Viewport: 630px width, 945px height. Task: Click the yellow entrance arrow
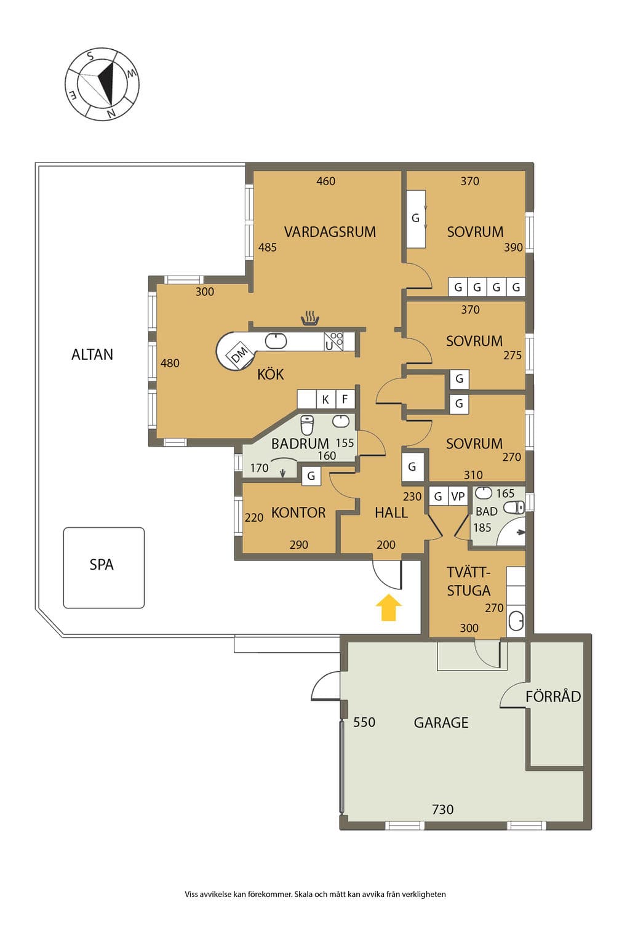coord(389,607)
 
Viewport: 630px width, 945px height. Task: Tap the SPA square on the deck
coord(104,567)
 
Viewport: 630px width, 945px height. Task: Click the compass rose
coord(102,84)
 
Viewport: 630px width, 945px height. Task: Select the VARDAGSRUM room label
coord(330,232)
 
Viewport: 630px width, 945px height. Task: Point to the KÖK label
coord(271,374)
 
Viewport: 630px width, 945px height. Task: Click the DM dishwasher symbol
coord(239,355)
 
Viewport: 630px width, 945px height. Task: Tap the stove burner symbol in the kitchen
coord(337,337)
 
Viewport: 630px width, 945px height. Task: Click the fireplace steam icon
coord(310,318)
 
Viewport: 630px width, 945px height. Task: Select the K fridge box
coord(325,399)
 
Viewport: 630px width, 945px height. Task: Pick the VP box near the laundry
coord(458,496)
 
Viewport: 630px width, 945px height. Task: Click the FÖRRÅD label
coord(553,696)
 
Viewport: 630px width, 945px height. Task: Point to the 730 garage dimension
coord(442,810)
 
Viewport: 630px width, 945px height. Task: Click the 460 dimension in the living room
coord(325,181)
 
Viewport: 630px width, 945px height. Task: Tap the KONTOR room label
coord(298,512)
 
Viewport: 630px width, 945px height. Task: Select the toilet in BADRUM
coord(307,425)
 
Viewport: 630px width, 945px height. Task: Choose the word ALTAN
coord(92,354)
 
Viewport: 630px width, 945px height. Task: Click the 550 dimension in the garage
coord(364,722)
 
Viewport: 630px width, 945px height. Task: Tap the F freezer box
coord(345,399)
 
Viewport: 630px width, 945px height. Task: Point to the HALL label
coord(391,512)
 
